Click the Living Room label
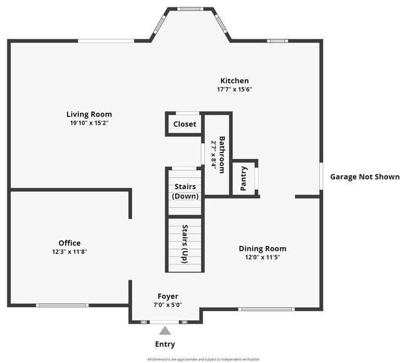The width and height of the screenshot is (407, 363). point(89,115)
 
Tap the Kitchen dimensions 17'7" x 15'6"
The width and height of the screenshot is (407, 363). point(234,89)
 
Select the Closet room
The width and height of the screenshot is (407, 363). point(185,124)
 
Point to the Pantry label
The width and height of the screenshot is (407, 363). point(244,179)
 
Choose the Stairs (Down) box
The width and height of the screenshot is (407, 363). point(185,192)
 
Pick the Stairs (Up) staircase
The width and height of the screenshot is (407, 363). point(185,243)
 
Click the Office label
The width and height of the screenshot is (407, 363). point(69,243)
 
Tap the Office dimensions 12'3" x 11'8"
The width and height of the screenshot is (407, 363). point(69,252)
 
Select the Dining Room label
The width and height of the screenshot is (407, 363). point(262,248)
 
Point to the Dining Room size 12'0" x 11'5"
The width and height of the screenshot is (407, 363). point(262,257)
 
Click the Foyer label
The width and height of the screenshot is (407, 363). point(167,296)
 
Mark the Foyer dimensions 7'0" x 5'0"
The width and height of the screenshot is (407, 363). point(167,305)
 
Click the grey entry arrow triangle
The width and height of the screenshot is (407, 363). point(165,330)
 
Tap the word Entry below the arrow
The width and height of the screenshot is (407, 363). point(165,344)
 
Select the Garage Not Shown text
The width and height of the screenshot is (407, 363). point(364,176)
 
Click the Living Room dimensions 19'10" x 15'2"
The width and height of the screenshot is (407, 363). point(89,123)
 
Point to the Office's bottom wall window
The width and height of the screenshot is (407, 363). point(61,305)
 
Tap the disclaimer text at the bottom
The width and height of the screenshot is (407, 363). point(203,359)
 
